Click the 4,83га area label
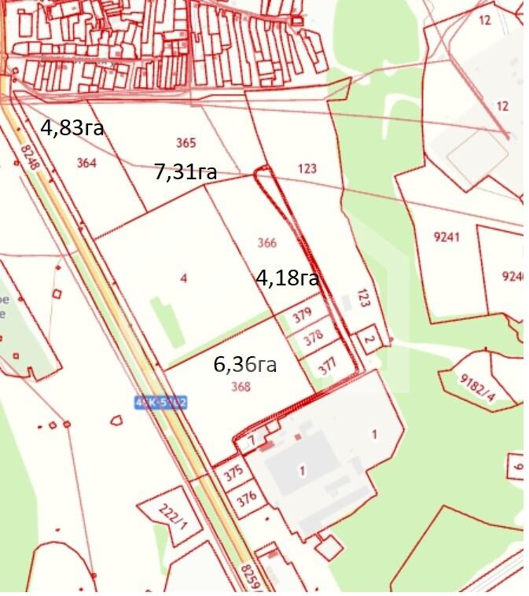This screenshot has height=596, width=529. [72, 128]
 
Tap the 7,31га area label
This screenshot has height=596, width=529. [186, 172]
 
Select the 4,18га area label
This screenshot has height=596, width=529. [287, 278]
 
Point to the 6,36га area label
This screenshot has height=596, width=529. [244, 365]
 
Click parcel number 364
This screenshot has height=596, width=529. [86, 163]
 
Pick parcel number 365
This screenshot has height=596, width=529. [186, 143]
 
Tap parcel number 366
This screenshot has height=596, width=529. [267, 243]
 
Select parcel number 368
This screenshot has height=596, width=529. [241, 386]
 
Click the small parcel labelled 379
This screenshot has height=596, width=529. [303, 313]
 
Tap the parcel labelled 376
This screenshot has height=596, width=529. [247, 498]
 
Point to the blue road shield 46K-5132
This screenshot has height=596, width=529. [160, 402]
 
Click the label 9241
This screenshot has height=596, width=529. [446, 237]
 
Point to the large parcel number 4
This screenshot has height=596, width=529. [183, 278]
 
